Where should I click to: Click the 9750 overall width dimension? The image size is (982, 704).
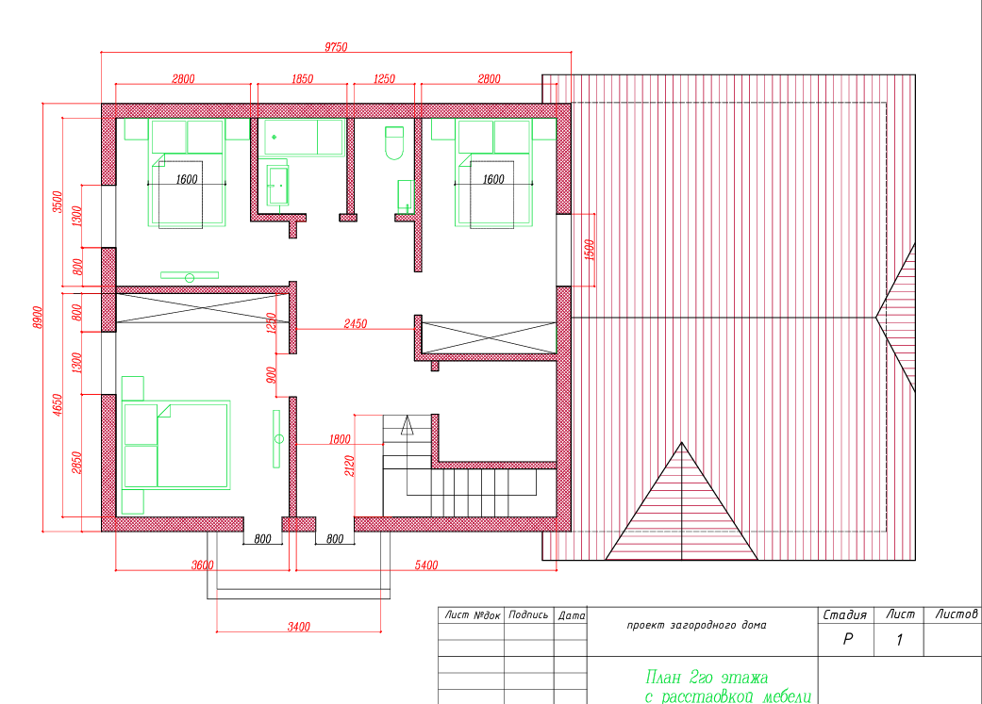click(336, 47)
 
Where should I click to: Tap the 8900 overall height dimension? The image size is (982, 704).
click(38, 318)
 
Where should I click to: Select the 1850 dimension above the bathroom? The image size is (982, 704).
click(303, 79)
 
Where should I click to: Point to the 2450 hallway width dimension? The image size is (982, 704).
click(355, 323)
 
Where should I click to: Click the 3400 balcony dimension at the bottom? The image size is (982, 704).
click(299, 627)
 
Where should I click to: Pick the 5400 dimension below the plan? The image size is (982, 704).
click(425, 565)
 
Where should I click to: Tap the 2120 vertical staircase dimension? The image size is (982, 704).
click(349, 466)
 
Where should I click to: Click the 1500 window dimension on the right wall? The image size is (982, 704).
click(589, 251)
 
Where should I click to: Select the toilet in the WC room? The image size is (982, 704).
click(394, 142)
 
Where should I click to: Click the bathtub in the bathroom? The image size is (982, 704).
click(304, 137)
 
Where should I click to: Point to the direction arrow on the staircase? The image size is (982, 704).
click(408, 425)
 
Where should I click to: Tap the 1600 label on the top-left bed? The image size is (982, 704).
click(187, 180)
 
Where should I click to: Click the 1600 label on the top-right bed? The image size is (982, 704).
click(493, 180)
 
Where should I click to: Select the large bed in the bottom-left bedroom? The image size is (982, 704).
click(176, 445)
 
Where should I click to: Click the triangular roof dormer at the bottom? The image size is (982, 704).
click(681, 501)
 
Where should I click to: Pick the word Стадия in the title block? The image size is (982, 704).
click(845, 615)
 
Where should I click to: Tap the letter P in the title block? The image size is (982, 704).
click(847, 639)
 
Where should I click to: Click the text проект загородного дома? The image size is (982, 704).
click(696, 625)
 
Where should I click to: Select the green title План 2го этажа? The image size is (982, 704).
click(707, 677)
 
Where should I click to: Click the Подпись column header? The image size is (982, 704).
click(528, 615)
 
